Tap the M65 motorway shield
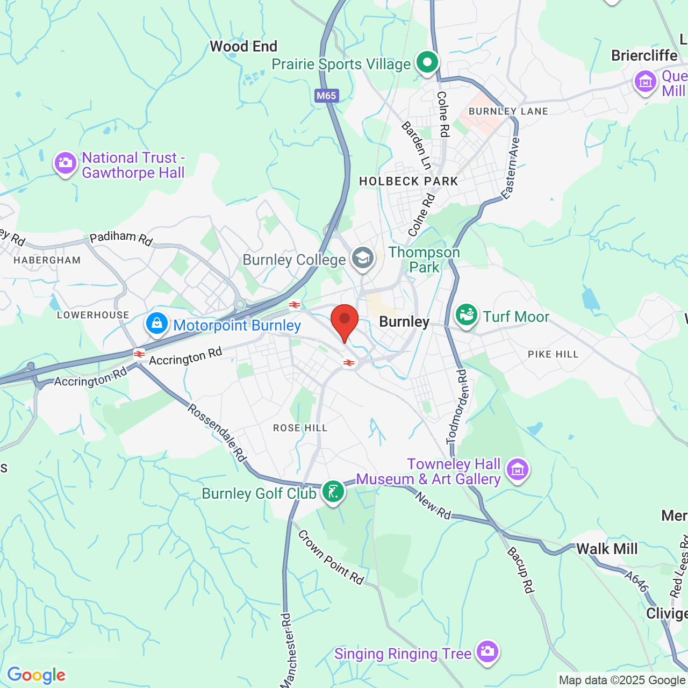pos(326,96)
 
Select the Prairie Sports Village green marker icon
pos(427,62)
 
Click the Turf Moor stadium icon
pos(466,315)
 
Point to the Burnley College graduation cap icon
pos(363,259)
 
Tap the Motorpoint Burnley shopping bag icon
pos(157,324)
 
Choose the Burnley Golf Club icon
pos(333,492)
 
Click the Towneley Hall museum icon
pos(518,470)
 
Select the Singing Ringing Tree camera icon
pos(487,651)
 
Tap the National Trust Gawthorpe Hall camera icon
pos(66,163)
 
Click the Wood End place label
pos(243,46)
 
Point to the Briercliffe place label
pos(644,55)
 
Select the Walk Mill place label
pos(607,549)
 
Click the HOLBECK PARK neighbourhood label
pos(408,181)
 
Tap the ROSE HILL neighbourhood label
pos(300,428)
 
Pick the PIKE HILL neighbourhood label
pos(553,354)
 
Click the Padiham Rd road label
pos(121,238)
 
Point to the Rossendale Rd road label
pos(217,433)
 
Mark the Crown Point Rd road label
pos(331,557)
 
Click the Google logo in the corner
pos(36,675)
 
